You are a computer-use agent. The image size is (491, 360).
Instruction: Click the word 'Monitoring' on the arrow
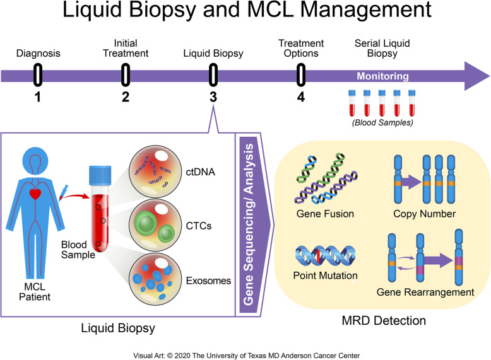[383, 76]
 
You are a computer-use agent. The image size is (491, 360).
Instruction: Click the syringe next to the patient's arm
[64, 190]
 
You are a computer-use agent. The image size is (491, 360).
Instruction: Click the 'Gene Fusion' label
[324, 214]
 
